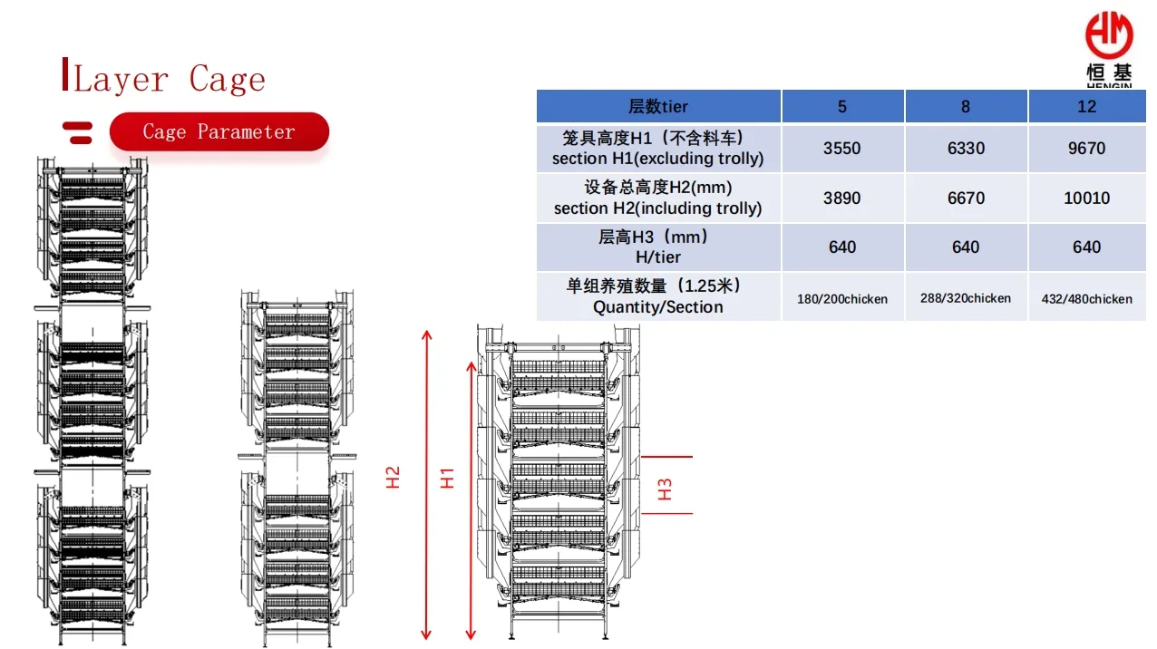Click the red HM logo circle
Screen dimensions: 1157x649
pos(1109,35)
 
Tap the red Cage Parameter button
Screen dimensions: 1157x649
pos(219,131)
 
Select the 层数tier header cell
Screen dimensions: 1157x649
pos(658,106)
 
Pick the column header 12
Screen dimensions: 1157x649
pos(1087,106)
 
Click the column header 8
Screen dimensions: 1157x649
pos(966,106)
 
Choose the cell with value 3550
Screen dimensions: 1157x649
pos(842,149)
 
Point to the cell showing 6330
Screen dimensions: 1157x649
pos(966,149)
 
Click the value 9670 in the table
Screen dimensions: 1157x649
pos(1087,149)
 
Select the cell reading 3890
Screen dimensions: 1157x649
pos(842,199)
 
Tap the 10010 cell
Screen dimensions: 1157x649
pos(1087,199)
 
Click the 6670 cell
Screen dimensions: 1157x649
pos(966,199)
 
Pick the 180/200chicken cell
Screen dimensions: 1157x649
pos(842,299)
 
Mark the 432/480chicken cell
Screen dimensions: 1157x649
pos(1087,299)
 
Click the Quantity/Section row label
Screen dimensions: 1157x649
pos(658,307)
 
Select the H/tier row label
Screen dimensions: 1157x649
pos(658,257)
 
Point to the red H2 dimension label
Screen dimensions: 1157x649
pos(393,478)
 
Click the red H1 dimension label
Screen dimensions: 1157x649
pos(447,479)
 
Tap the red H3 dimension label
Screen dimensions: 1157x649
pos(665,489)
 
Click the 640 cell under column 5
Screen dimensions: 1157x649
pos(842,247)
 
